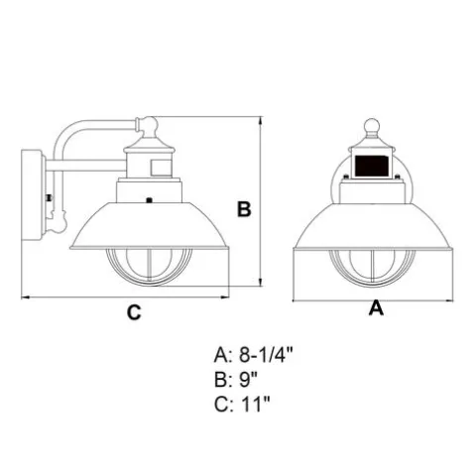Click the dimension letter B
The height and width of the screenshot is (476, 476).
click(244, 209)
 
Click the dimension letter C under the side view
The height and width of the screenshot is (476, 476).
click(134, 311)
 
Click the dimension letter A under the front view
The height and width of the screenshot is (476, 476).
click(376, 308)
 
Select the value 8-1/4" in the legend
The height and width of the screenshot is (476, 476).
click(266, 355)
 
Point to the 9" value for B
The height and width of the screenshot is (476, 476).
click(248, 380)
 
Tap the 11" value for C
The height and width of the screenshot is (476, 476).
click(256, 404)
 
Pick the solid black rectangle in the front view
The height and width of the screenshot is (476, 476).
click(372, 166)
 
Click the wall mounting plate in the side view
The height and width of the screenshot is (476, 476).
click(33, 194)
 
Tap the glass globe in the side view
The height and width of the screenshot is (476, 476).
click(149, 267)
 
